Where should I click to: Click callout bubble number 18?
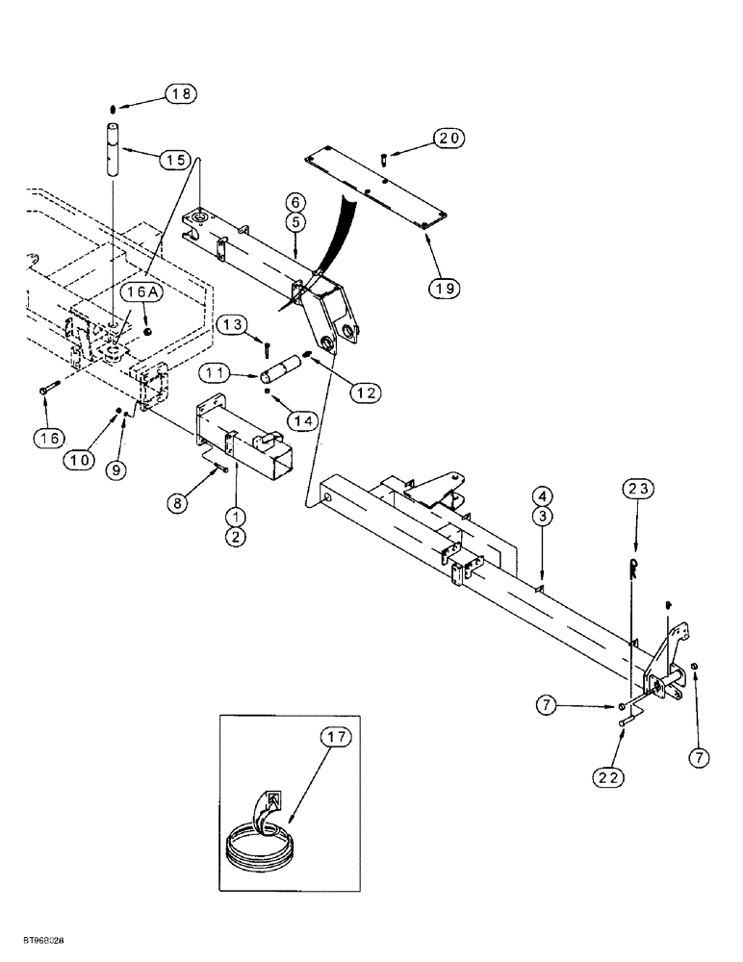[x=181, y=93]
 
